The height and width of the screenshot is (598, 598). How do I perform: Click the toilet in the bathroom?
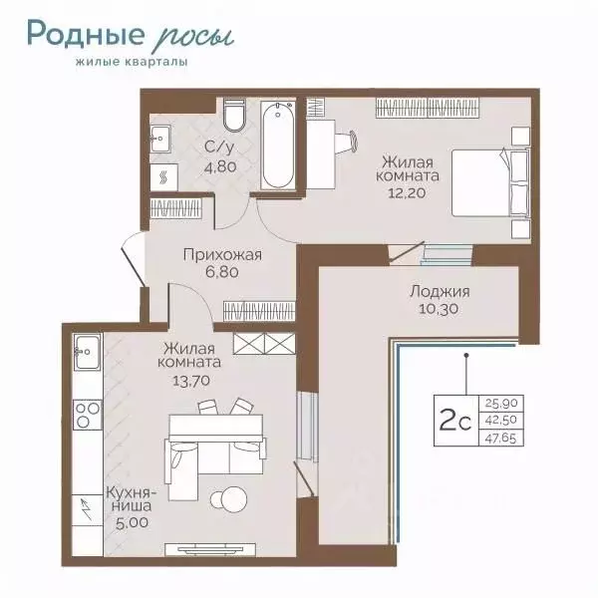tap(234, 115)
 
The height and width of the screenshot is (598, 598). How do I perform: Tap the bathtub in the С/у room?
tap(278, 146)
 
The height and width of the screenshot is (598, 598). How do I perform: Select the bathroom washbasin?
tap(159, 139)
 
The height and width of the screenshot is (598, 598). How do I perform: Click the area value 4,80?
tap(220, 166)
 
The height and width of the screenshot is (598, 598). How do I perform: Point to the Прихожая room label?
tap(222, 254)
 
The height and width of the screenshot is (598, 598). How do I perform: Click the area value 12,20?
tap(407, 192)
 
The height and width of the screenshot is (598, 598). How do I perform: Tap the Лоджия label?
tap(440, 292)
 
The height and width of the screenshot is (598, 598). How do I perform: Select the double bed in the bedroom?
tap(490, 183)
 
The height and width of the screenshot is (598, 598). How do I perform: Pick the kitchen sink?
tap(88, 352)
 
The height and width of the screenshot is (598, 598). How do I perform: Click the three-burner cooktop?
tap(88, 415)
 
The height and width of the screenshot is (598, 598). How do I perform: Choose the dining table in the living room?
tap(216, 428)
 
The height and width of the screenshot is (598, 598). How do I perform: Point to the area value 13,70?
tap(191, 381)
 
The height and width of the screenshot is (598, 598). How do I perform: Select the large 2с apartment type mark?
tap(455, 420)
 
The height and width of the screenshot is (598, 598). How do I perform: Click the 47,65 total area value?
tap(500, 439)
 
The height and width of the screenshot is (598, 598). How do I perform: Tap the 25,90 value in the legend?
tap(501, 403)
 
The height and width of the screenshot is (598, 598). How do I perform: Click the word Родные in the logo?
tap(86, 34)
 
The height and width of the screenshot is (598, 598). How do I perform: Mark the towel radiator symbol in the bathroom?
tap(164, 177)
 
